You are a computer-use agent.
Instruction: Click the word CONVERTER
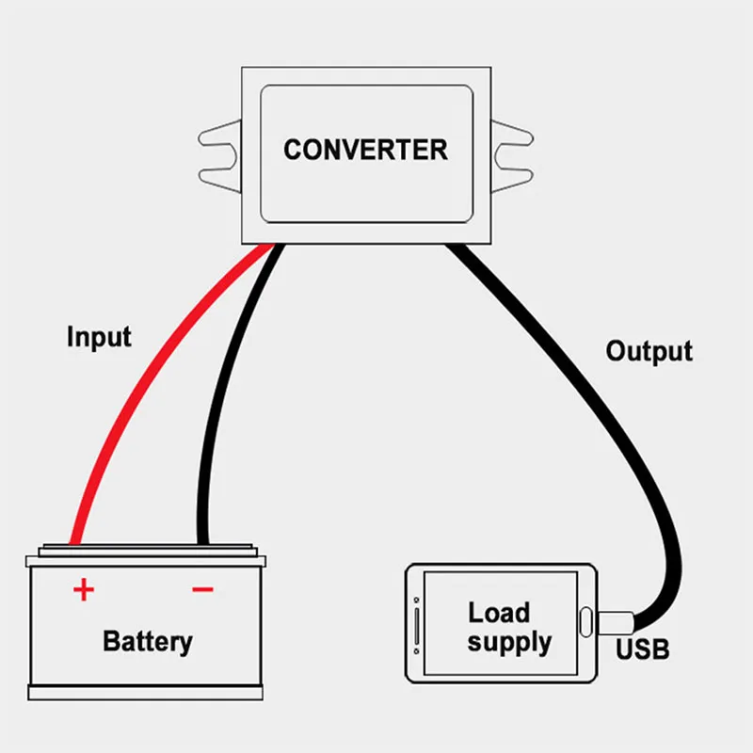point(365,150)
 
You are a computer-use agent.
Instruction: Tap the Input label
point(99,337)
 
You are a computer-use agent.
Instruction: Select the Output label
point(649,352)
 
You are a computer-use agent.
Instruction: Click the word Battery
point(147,642)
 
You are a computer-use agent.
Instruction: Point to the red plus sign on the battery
point(84,590)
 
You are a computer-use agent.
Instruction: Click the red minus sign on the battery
point(202,590)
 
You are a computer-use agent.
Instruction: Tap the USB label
point(643,649)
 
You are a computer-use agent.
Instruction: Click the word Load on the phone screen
point(499,613)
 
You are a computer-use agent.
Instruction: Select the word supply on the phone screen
point(509,644)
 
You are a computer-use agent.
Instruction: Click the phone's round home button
point(585,622)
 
